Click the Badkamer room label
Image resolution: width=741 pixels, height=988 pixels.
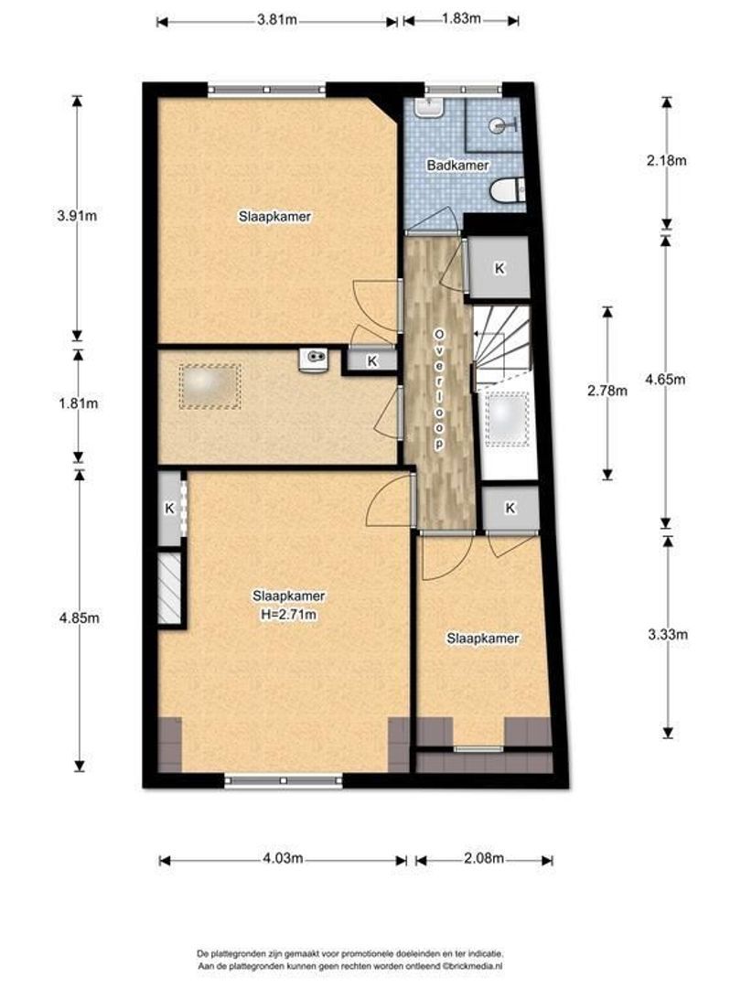(457, 165)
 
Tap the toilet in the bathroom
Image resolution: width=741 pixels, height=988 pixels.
(507, 190)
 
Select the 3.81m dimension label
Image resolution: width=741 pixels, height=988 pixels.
(276, 19)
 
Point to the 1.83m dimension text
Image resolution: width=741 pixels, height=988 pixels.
(460, 18)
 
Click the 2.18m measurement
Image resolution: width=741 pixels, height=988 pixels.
(666, 160)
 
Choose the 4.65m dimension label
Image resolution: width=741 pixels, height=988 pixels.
(665, 380)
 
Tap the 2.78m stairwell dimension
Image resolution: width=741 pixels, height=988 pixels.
(607, 391)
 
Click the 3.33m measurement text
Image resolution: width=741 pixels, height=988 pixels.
(667, 635)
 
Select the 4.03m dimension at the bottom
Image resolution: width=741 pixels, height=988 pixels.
(283, 858)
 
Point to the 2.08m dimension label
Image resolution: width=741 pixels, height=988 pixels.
(483, 858)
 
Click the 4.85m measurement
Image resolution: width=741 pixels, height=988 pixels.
(80, 618)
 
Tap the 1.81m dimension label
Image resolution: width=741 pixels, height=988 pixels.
(78, 403)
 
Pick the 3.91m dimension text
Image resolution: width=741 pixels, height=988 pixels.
(77, 216)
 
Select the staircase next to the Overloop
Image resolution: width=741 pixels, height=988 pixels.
(502, 348)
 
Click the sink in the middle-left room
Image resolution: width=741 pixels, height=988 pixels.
(314, 360)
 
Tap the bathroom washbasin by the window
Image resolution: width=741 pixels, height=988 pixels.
(430, 107)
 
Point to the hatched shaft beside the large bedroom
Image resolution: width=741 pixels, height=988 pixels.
(169, 588)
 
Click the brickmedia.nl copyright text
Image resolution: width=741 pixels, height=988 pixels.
(349, 966)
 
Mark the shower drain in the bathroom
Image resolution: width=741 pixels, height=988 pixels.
(500, 125)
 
